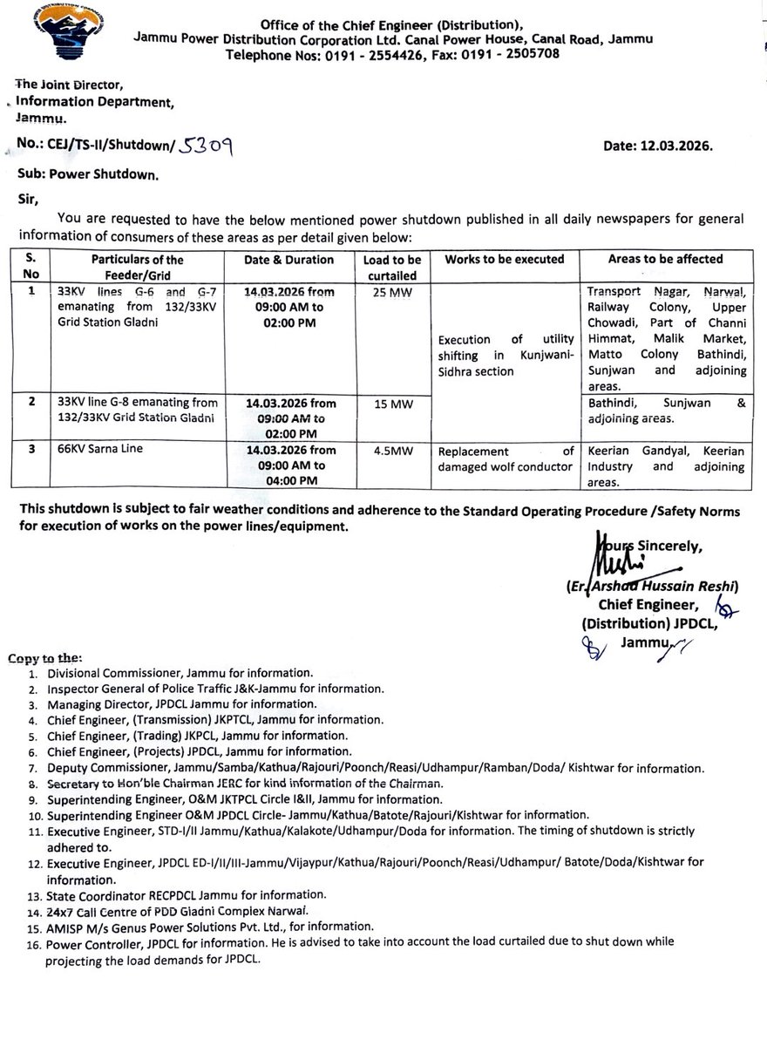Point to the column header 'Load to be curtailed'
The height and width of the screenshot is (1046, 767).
(x=391, y=266)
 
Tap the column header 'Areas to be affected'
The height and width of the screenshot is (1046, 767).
(x=665, y=259)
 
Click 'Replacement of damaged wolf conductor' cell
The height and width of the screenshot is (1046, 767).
(x=505, y=458)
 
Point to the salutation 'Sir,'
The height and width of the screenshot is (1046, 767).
(x=29, y=198)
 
